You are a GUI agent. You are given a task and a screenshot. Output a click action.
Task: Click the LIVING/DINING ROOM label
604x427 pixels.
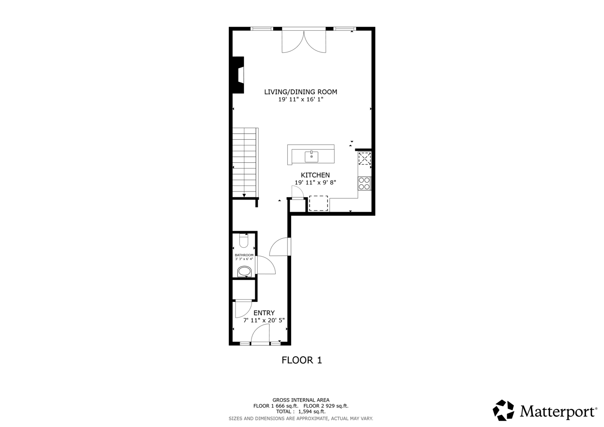point(301,92)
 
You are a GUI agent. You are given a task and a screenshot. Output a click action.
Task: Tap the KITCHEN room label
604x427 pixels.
point(315,175)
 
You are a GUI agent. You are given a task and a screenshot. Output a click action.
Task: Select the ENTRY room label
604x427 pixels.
point(264,313)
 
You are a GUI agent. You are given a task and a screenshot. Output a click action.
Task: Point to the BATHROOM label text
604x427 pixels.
point(244,255)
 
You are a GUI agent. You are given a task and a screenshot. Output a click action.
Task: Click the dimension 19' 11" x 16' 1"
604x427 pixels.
point(301,100)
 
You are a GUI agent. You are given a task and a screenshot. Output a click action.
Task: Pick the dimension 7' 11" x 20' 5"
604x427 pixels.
point(264,320)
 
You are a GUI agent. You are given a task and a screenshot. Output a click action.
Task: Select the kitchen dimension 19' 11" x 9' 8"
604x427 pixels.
point(315,182)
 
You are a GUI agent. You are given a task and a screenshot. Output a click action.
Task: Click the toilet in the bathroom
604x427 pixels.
point(244,241)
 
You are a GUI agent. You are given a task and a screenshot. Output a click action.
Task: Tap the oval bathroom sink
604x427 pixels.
point(244,271)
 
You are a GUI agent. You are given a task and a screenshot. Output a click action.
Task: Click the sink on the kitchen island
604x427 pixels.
point(311,156)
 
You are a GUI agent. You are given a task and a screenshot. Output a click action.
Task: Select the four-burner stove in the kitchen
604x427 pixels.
point(364,183)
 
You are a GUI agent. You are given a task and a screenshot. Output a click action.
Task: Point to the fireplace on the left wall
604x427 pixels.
point(239,75)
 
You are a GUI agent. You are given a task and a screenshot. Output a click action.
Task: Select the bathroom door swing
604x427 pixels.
point(265,265)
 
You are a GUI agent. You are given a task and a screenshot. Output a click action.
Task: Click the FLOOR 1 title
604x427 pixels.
point(302,360)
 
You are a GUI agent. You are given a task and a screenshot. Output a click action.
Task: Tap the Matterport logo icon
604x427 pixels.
point(503,410)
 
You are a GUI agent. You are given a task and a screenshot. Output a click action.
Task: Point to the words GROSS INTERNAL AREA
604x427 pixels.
point(301,400)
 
